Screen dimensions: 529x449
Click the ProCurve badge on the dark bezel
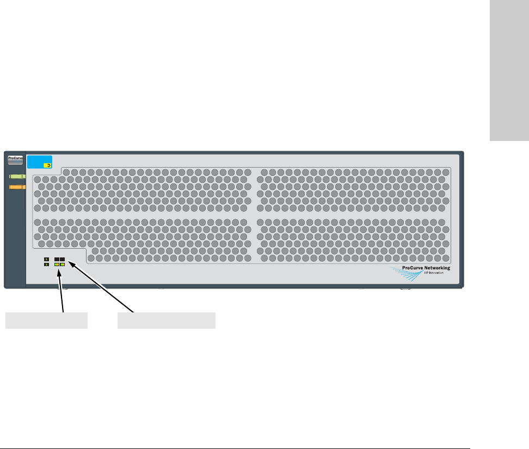[x=15, y=160]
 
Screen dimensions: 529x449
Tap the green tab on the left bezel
[x=18, y=177]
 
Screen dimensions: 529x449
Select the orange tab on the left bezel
[x=18, y=187]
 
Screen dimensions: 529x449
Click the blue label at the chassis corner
[x=40, y=162]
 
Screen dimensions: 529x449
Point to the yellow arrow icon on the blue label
[x=48, y=163]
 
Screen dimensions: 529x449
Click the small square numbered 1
[x=47, y=259]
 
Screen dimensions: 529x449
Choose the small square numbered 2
[x=47, y=265]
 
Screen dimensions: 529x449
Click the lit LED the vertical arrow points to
[x=57, y=265]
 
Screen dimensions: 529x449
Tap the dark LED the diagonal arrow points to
[x=63, y=259]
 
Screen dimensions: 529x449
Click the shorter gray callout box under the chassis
[x=46, y=321]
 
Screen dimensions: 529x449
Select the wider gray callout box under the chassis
[x=167, y=321]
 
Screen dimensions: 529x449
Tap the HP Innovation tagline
[x=434, y=273]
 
